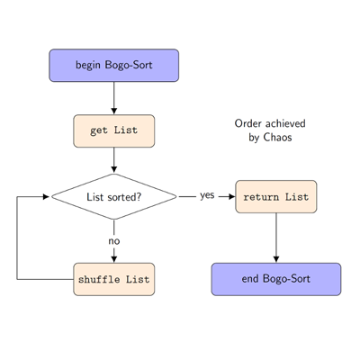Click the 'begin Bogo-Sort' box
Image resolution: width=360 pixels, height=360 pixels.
pos(114,66)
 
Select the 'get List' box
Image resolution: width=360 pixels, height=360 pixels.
pos(114,130)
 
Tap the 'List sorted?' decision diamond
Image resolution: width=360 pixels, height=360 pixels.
pos(114,197)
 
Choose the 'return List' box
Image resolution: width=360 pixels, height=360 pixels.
pos(276,197)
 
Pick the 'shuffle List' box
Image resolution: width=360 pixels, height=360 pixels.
pos(114,279)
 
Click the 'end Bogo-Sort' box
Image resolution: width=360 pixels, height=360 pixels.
pos(276,279)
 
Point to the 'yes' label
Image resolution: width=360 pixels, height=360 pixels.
pos(207,195)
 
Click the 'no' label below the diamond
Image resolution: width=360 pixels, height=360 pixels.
pos(114,241)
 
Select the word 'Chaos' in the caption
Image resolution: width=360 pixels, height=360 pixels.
pos(277,138)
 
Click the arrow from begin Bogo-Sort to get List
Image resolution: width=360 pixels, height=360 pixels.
pos(114,98)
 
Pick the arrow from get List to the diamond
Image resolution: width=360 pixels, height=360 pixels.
pos(114,160)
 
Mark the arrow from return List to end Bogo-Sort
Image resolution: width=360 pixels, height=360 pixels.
pos(276,238)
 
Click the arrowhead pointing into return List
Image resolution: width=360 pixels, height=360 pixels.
pos(232,197)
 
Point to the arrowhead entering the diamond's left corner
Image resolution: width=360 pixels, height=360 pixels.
pos(46,197)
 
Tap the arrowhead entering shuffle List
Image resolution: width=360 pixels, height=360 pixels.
pos(114,259)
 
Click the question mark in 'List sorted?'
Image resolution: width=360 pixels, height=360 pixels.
pos(139,197)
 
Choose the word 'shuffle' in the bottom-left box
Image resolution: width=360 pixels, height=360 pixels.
pos(99,279)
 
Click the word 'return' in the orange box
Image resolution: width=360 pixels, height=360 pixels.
pos(261,197)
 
